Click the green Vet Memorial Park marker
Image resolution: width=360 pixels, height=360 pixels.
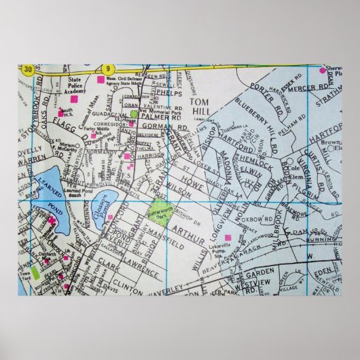134,113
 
